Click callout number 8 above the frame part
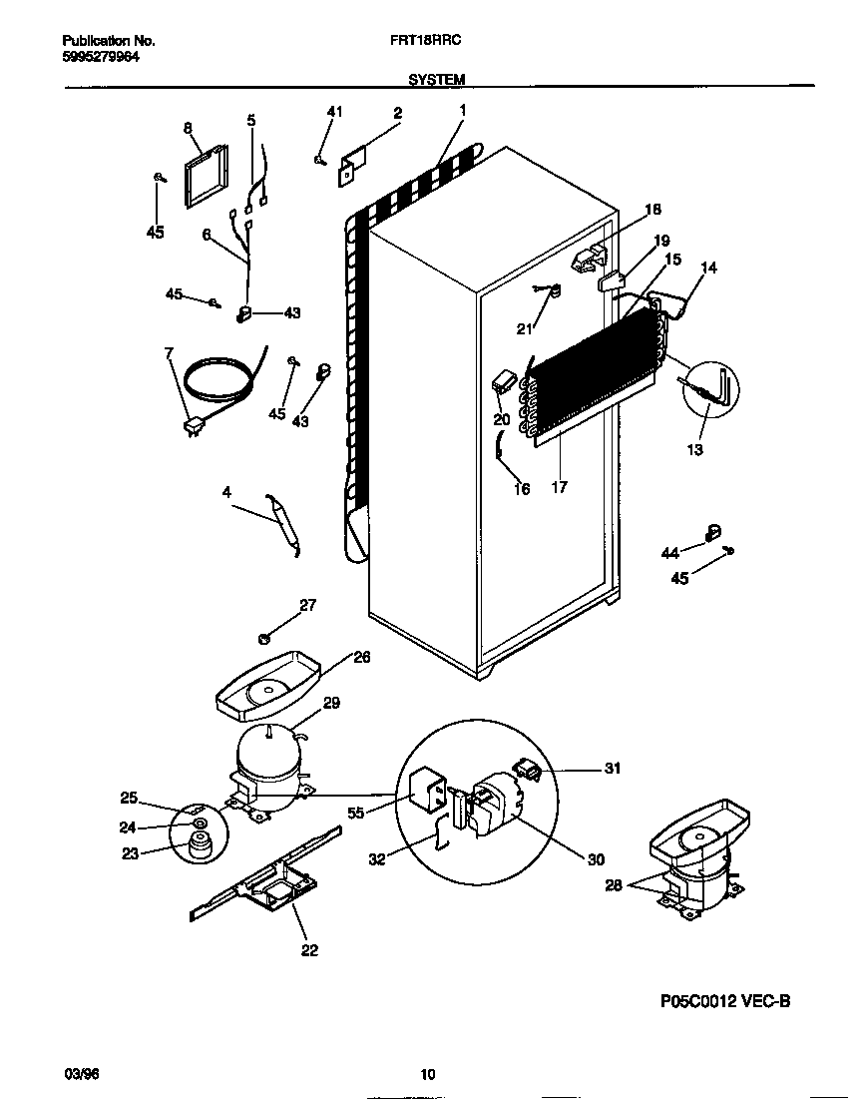188,127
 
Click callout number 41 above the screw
334,113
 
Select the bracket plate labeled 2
352,166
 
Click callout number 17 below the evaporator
559,488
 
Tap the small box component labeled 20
503,380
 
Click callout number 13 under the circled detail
694,450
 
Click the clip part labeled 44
714,532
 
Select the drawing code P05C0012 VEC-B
725,1001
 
